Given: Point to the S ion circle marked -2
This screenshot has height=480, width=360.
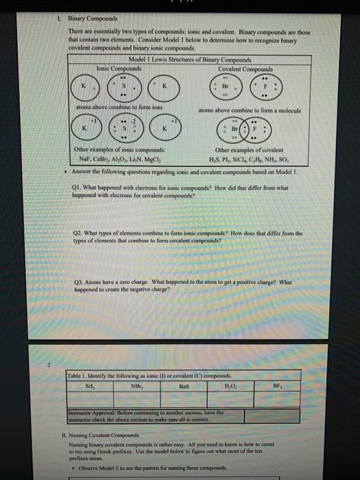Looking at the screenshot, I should pyautogui.click(x=125, y=128).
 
